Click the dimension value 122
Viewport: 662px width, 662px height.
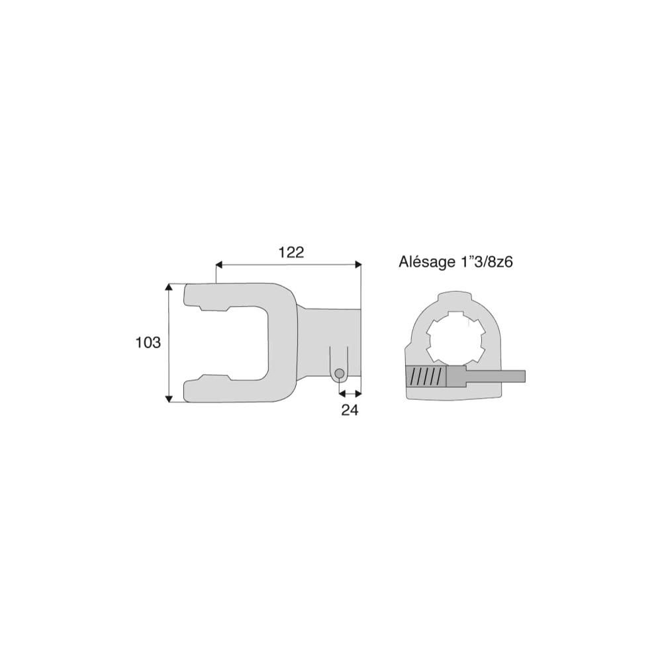(x=291, y=252)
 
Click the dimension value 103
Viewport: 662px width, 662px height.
(x=148, y=342)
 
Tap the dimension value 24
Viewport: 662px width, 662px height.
(x=350, y=410)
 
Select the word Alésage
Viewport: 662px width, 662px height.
(x=426, y=262)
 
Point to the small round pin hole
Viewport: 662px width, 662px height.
(x=339, y=373)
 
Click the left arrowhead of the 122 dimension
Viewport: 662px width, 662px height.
(x=218, y=265)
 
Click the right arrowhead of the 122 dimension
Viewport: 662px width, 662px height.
(x=358, y=265)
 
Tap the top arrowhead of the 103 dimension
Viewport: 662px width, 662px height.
(x=169, y=287)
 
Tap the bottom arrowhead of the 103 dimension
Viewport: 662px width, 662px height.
(x=169, y=399)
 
